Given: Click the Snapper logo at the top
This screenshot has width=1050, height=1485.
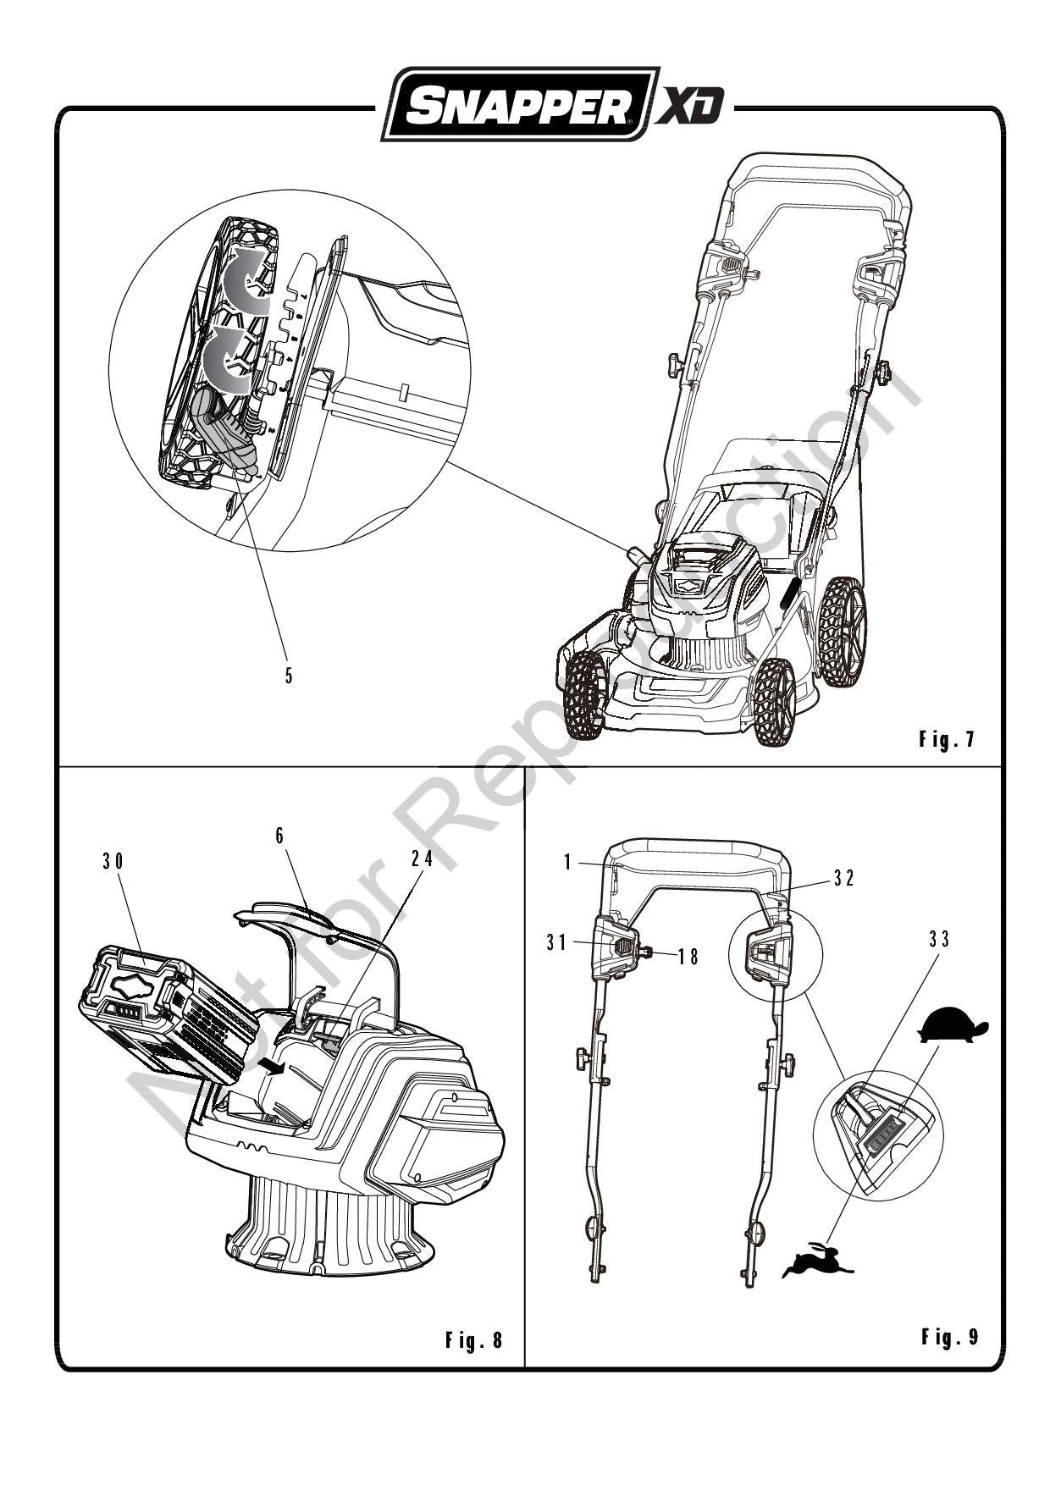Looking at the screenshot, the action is pos(519,105).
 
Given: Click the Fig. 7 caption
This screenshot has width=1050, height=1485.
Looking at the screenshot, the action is pos(947,739).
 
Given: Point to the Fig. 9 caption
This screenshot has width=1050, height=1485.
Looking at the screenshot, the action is pos(949,1337).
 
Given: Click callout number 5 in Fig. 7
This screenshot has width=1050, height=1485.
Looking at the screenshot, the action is pos(289,676).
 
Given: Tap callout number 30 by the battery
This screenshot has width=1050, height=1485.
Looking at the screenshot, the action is pos(113,861).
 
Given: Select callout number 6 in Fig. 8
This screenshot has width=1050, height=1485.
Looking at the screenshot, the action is pos(279,835).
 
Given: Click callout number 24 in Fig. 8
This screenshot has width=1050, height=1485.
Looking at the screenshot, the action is pos(423,858).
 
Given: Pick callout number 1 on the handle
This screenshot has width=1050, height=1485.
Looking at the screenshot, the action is pos(569,862).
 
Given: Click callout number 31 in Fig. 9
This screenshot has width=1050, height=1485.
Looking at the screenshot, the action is pos(555,941).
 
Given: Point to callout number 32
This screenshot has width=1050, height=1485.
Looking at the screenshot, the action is pos(843,878).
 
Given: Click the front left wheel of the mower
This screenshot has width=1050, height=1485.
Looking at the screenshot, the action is pos(583,694).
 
